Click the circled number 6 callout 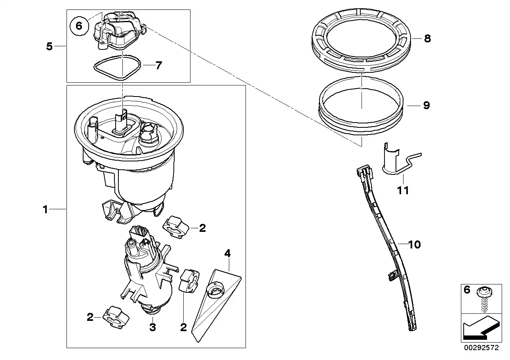point(79,26)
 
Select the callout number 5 point(49,46)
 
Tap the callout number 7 point(158,65)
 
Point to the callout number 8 point(427,39)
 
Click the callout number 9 point(426,105)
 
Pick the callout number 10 point(415,245)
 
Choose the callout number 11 point(403,190)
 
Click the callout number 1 point(45,209)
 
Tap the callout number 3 point(152,327)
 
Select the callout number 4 point(227,253)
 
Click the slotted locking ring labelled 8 point(361,40)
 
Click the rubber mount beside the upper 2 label point(176,227)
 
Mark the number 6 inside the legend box point(467,290)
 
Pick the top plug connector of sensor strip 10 point(365,173)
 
